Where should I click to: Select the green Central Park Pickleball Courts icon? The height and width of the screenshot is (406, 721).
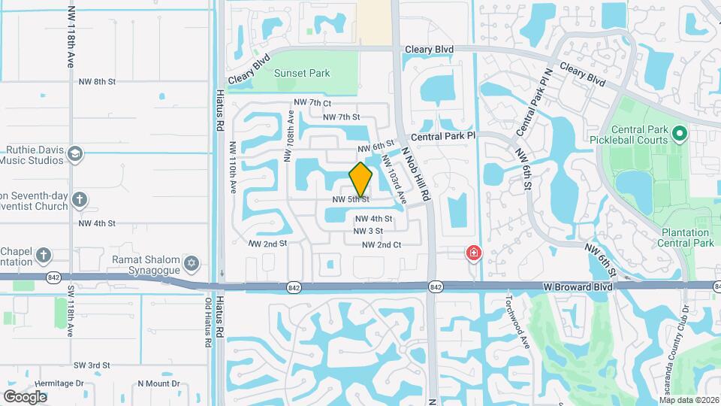coord(680,135)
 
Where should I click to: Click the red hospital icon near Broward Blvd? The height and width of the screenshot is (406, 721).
coord(474,253)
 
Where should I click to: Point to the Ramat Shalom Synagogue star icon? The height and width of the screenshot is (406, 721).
coord(192,262)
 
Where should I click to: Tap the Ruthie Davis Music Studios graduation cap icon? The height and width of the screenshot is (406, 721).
coord(75,154)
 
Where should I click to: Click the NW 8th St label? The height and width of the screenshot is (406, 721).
coord(99,80)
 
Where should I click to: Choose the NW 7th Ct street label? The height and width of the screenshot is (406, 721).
coord(312,103)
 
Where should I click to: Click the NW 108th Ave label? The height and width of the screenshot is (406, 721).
coord(288,136)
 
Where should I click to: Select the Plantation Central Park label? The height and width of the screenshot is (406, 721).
coord(685,238)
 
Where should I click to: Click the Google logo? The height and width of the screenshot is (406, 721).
coord(25,396)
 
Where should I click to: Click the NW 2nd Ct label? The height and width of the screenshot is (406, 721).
coord(382,244)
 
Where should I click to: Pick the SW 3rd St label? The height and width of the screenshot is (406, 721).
coord(92,365)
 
